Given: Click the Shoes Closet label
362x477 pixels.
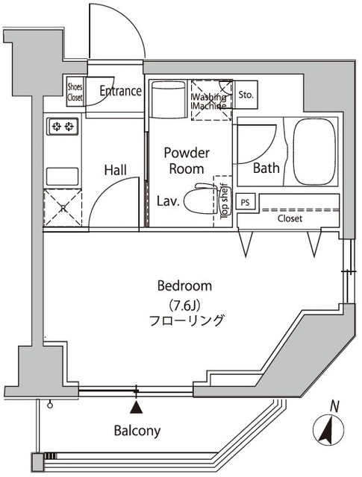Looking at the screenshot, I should point(75,90).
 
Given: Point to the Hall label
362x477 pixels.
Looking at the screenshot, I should point(115,170).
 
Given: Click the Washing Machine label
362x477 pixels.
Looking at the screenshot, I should point(211,101).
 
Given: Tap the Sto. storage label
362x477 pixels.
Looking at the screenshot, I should point(247,95).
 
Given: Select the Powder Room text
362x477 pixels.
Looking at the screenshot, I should point(187,160).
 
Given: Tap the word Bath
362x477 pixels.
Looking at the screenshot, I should point(266,168).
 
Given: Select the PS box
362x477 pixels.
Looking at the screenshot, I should point(246,201).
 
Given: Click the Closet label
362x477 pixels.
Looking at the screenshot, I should point(290,219).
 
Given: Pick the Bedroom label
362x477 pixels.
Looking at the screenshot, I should point(184,285).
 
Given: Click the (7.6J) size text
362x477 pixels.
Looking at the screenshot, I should point(184,303).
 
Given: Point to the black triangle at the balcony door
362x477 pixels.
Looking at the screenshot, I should point(136,407).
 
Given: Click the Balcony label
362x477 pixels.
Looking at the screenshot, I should point(137,431).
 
